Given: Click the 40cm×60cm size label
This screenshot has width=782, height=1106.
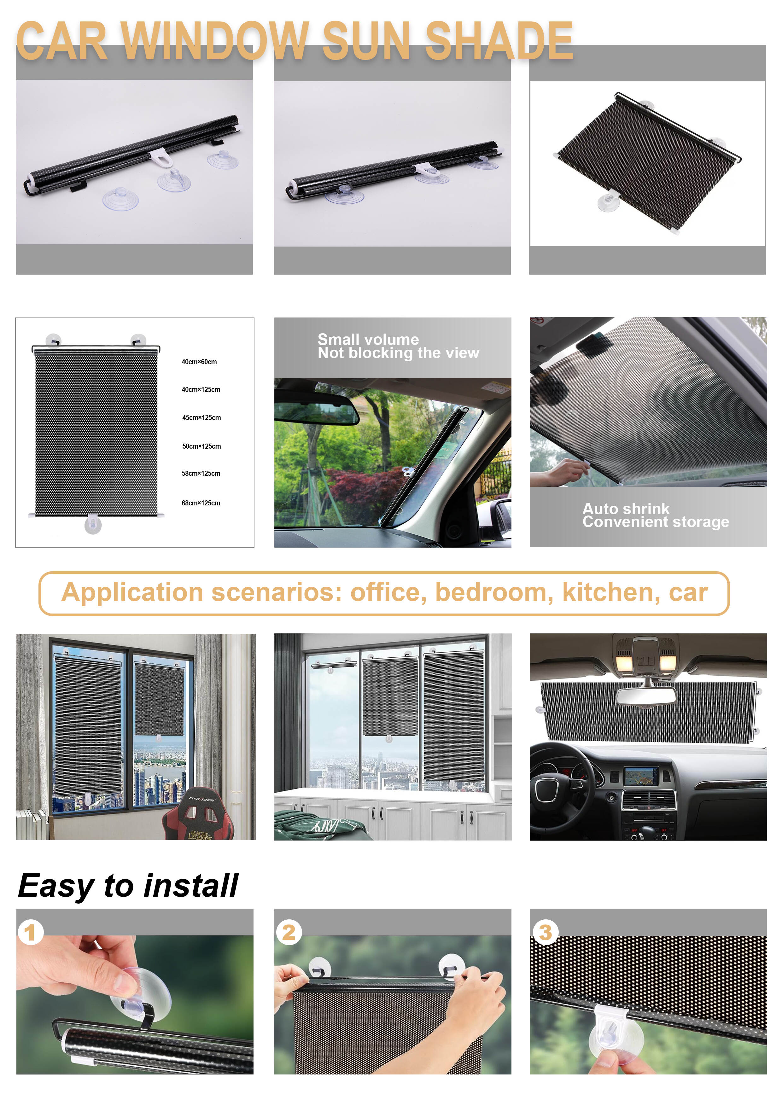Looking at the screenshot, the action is coord(199,362).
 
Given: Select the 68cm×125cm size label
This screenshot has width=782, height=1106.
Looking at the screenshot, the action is coord(201,503).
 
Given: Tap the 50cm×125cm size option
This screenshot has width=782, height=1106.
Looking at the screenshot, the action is coord(201,446).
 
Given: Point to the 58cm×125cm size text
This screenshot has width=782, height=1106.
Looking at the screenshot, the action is coord(201,474).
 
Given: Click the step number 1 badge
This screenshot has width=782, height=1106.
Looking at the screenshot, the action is coord(30,932).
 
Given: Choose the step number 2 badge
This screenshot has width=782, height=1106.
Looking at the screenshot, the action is coord(289,932).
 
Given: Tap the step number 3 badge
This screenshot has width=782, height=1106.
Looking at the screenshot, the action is coord(545,932).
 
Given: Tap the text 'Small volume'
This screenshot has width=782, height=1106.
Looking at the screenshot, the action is coord(368,339).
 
